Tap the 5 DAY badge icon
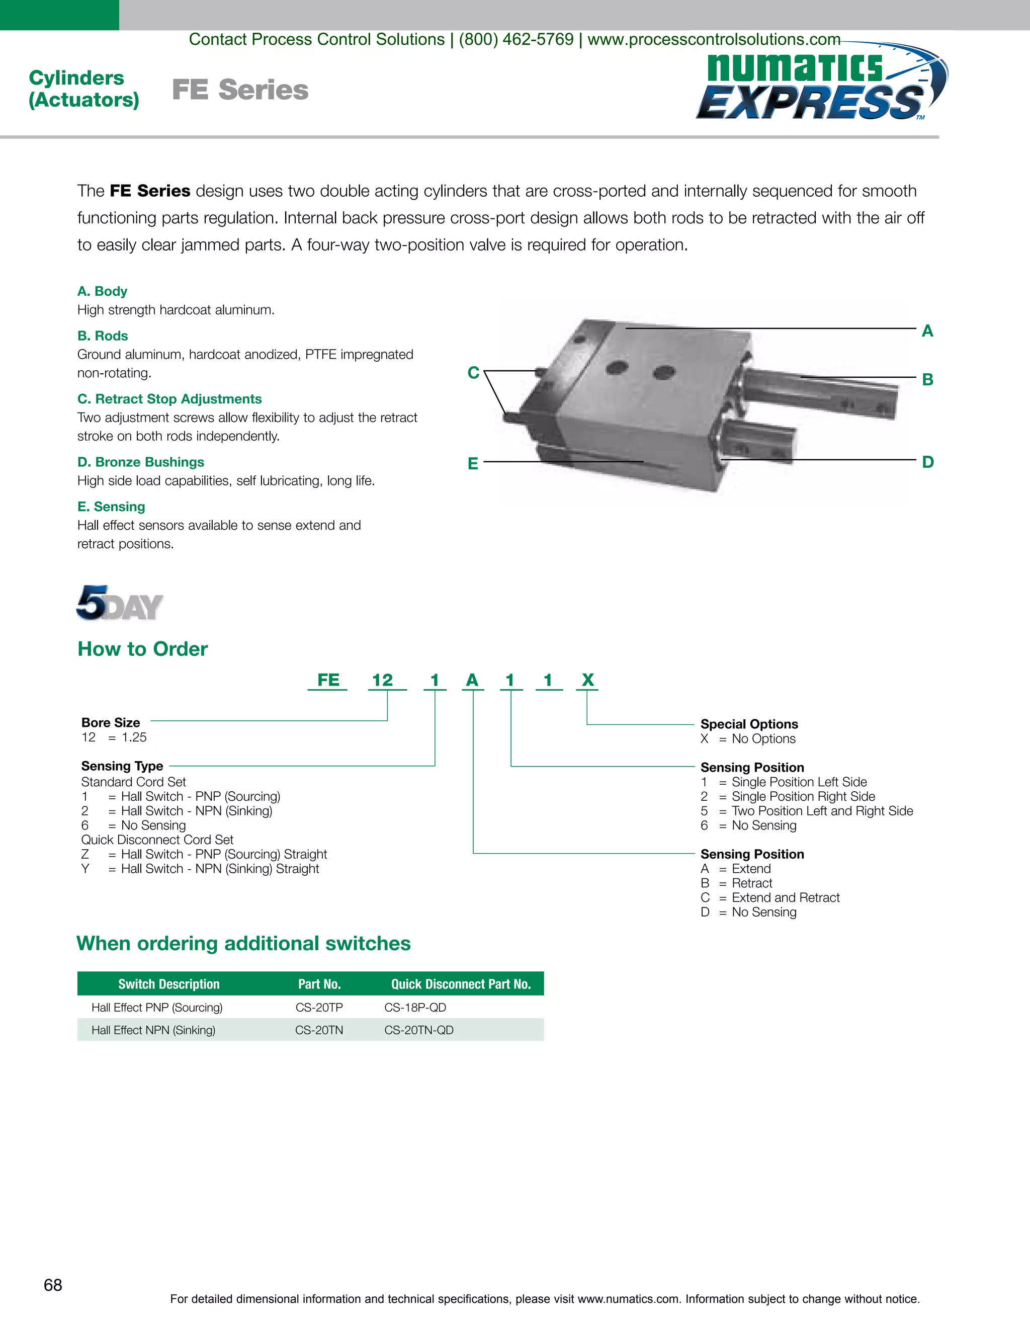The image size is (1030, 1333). pos(119,603)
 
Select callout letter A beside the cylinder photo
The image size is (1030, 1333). pos(927,331)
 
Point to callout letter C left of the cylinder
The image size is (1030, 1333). pos(473,372)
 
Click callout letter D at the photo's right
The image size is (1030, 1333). pos(927,462)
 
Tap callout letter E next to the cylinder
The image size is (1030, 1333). pos(473,464)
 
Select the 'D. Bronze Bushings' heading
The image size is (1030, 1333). pos(141,462)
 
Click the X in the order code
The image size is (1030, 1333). pos(587,680)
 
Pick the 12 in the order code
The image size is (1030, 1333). pos(383,680)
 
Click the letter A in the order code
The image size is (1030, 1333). pos(472,680)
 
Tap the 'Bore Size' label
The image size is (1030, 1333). pos(111,723)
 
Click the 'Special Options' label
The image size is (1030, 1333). pos(749,724)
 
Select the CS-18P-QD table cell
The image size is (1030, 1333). pos(415,1008)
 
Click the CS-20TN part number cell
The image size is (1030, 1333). pos(319,1030)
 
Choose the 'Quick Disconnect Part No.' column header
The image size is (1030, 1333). pos(461,984)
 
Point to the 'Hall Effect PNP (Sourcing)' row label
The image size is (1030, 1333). pos(157,1008)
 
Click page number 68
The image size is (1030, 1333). pos(53,1285)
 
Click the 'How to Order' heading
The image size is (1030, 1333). pos(142,649)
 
